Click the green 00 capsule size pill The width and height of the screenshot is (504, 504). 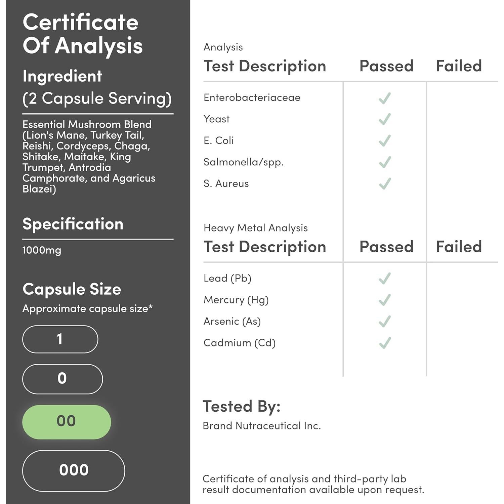coord(67,422)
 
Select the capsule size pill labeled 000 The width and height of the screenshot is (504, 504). coord(74,470)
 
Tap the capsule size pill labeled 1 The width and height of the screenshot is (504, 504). coord(60,339)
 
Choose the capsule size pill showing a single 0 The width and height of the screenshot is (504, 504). coord(62,379)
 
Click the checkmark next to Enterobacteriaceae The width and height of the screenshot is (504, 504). coord(385,98)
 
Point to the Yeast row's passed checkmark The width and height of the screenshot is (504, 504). coord(385,119)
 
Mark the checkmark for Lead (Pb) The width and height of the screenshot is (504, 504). coord(385,279)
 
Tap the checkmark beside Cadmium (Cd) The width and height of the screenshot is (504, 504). coord(385,343)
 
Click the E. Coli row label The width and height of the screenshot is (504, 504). coord(218,140)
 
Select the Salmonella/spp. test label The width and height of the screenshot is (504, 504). coord(244,162)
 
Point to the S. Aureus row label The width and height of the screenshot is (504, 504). coord(226,183)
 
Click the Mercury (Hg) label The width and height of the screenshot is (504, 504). coord(236,300)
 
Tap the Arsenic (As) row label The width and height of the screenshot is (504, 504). coord(232,322)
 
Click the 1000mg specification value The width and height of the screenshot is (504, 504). coord(42,250)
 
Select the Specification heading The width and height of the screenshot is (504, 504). coord(73,224)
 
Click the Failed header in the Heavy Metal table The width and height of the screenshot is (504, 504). coord(459,247)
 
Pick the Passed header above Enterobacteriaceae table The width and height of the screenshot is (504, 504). coord(386,66)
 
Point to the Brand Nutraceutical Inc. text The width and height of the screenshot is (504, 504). coord(262,426)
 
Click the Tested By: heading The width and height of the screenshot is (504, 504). coord(242,406)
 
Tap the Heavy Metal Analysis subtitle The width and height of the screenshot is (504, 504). coord(255,228)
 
